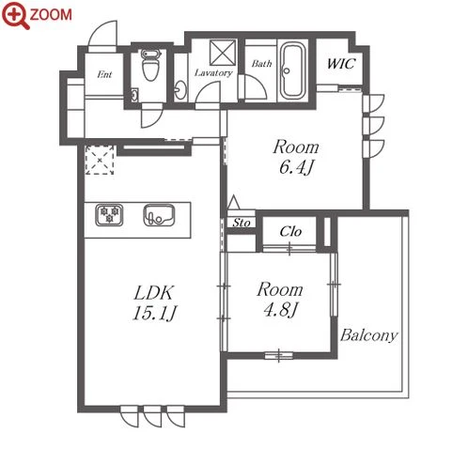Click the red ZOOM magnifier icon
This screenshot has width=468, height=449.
point(16,15)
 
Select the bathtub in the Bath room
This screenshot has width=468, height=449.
point(293,70)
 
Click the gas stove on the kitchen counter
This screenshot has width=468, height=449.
point(109,214)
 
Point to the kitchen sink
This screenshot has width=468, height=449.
point(159,215)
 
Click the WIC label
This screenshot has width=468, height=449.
point(341,64)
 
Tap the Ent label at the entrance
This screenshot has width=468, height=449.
point(104,74)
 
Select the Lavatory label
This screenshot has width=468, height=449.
point(213,73)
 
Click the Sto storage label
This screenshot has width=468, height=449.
point(242,223)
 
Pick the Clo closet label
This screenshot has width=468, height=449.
point(290,231)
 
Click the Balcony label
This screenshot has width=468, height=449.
point(369,335)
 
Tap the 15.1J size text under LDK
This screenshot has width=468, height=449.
point(154,313)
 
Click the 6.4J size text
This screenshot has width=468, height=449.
point(296,167)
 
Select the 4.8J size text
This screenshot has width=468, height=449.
point(280,310)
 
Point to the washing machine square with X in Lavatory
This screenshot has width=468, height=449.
point(223,53)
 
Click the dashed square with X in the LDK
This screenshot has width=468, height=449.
point(100,160)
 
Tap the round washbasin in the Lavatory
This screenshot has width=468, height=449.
point(180,90)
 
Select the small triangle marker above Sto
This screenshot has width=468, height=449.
point(233,202)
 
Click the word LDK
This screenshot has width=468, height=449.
point(153,293)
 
